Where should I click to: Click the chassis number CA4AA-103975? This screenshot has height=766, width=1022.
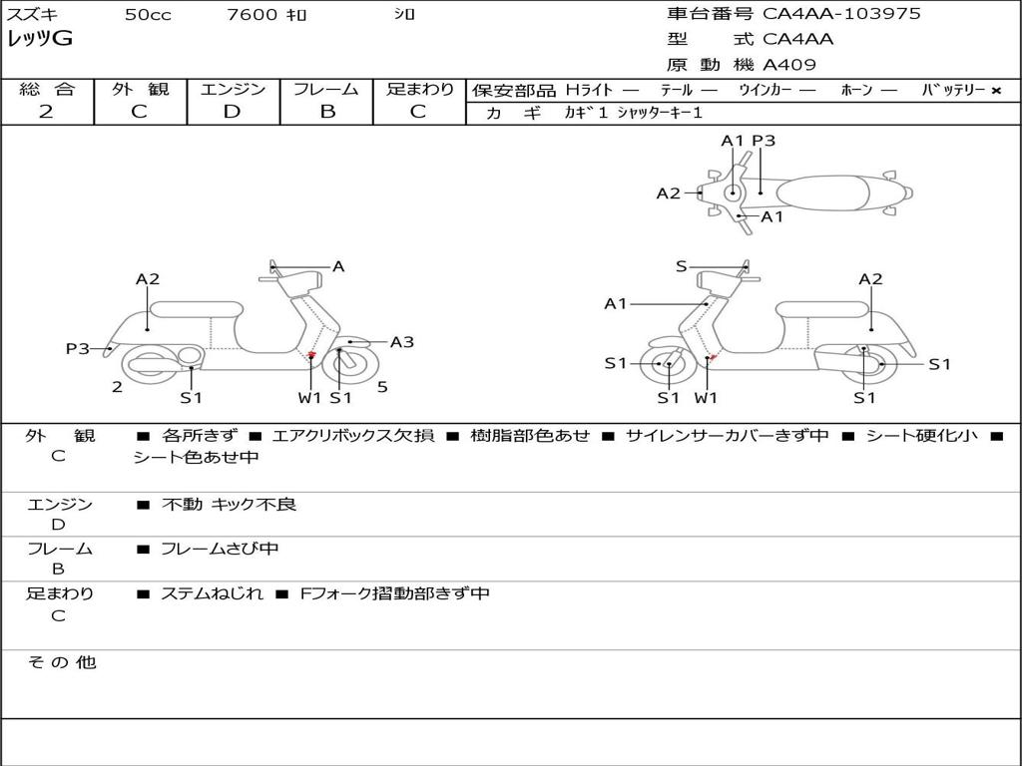pos(841,14)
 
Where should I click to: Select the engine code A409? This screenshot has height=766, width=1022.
pos(789,65)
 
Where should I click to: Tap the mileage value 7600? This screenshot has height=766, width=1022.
pos(252,14)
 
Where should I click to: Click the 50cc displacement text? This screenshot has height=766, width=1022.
pos(148,15)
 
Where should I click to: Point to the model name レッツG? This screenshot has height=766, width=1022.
pos(40,39)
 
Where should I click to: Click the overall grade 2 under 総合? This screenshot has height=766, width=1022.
pos(46,112)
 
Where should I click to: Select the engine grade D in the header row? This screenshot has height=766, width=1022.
pos(232,112)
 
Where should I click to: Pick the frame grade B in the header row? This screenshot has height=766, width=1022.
pos(327,112)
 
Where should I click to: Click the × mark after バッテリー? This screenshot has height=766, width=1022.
pos(996,91)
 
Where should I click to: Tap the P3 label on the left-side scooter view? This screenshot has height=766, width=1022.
pos(78,348)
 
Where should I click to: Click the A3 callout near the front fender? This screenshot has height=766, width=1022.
pos(402,342)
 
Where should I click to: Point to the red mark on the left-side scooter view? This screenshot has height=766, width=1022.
pos(311,355)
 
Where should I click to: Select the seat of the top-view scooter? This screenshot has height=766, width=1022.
pos(822,193)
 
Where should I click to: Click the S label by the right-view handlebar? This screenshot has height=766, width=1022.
pos(681,266)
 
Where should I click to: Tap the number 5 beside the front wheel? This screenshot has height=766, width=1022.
pos(382,387)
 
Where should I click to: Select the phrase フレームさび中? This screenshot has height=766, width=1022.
pos(220,550)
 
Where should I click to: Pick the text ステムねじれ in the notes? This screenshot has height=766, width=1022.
pos(212,593)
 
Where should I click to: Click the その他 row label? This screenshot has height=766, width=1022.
pos(62,662)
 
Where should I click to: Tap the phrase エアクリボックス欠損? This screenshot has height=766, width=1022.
pos(352,436)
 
